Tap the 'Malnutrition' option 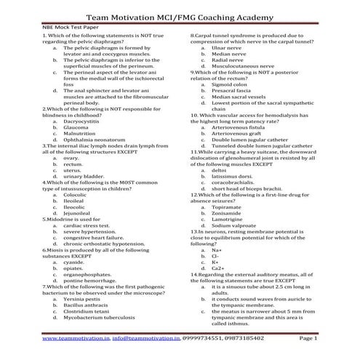click(79, 134)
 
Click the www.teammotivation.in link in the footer click(75, 338)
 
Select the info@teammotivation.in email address click(146, 338)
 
